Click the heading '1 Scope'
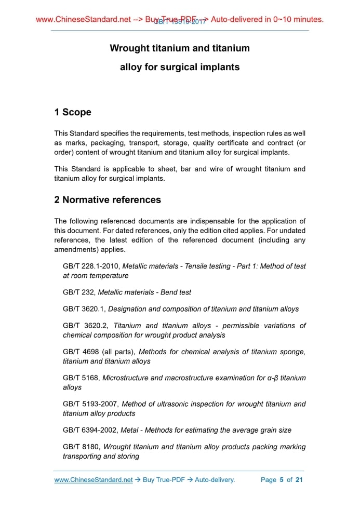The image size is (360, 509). click(73, 112)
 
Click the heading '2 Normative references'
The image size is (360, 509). click(108, 199)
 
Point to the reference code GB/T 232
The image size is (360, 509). click(78, 292)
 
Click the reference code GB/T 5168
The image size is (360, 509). click(81, 378)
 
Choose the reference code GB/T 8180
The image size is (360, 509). click(81, 447)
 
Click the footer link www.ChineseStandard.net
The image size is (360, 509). click(94, 480)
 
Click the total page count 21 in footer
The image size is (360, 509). click(299, 480)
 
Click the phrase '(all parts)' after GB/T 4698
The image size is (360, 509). click(118, 352)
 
